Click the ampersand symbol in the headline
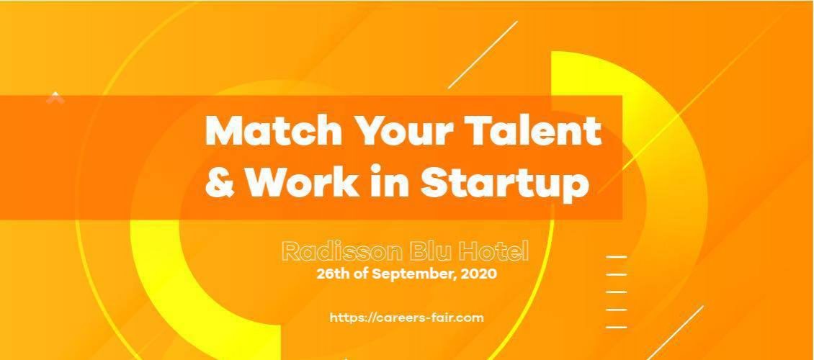[x=220, y=182]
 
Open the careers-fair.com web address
[x=406, y=318]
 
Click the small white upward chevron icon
[x=55, y=97]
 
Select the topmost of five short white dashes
[x=616, y=257]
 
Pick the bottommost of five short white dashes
[x=616, y=328]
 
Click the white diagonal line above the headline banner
[x=483, y=55]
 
